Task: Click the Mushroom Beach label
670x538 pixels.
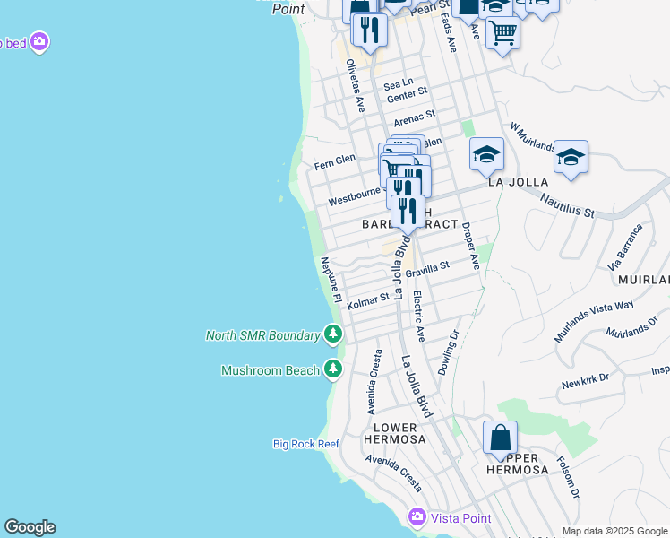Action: [x=271, y=370]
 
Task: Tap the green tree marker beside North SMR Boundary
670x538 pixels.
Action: [x=333, y=335]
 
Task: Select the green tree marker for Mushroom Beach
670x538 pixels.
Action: [x=333, y=369]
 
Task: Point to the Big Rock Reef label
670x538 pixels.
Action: [x=306, y=444]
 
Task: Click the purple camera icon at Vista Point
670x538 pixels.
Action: [x=416, y=517]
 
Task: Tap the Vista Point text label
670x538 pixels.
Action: [x=461, y=519]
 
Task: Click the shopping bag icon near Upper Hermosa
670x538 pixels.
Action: [x=500, y=438]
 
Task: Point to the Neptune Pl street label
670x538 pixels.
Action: [x=331, y=280]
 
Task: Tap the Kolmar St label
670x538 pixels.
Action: [x=368, y=299]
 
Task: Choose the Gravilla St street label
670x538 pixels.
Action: [x=426, y=268]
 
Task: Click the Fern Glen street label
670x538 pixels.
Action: [x=335, y=161]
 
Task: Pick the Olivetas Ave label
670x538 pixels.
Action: [x=355, y=85]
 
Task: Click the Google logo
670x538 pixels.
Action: [x=30, y=527]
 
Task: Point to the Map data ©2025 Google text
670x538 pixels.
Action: [x=614, y=531]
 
